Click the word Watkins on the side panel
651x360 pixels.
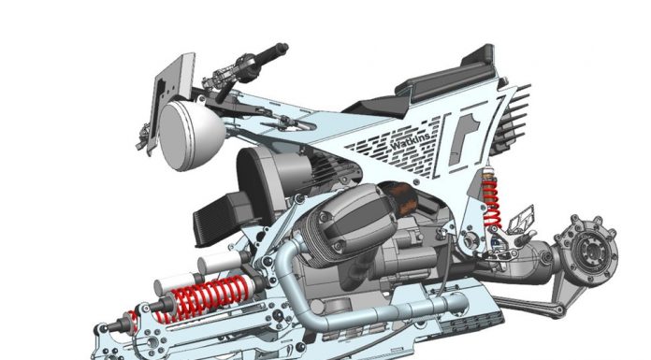(411, 142)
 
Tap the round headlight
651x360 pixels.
(191, 136)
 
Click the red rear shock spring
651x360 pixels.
(491, 202)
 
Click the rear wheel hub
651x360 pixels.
(588, 250)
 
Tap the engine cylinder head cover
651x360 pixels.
(352, 220)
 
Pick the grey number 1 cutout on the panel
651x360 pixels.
(463, 138)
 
